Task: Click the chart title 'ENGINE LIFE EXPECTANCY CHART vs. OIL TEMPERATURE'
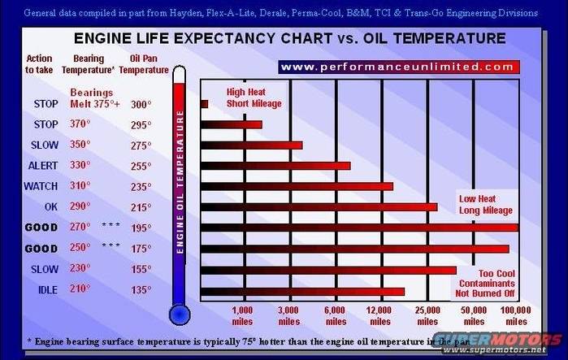pyautogui.click(x=289, y=38)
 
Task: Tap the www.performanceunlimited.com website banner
pyautogui.click(x=397, y=67)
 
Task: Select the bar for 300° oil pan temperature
pyautogui.click(x=205, y=104)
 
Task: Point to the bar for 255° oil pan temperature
pyautogui.click(x=275, y=166)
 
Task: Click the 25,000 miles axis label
pyautogui.click(x=427, y=315)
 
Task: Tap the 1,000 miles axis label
pyautogui.click(x=242, y=315)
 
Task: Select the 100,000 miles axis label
pyautogui.click(x=514, y=315)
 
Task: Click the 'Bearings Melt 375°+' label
pyautogui.click(x=94, y=98)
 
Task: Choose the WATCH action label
pyautogui.click(x=41, y=186)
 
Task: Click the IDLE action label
pyautogui.click(x=46, y=290)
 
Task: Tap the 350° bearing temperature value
pyautogui.click(x=80, y=145)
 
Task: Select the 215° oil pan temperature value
pyautogui.click(x=141, y=206)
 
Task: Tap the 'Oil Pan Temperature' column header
pyautogui.click(x=144, y=64)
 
